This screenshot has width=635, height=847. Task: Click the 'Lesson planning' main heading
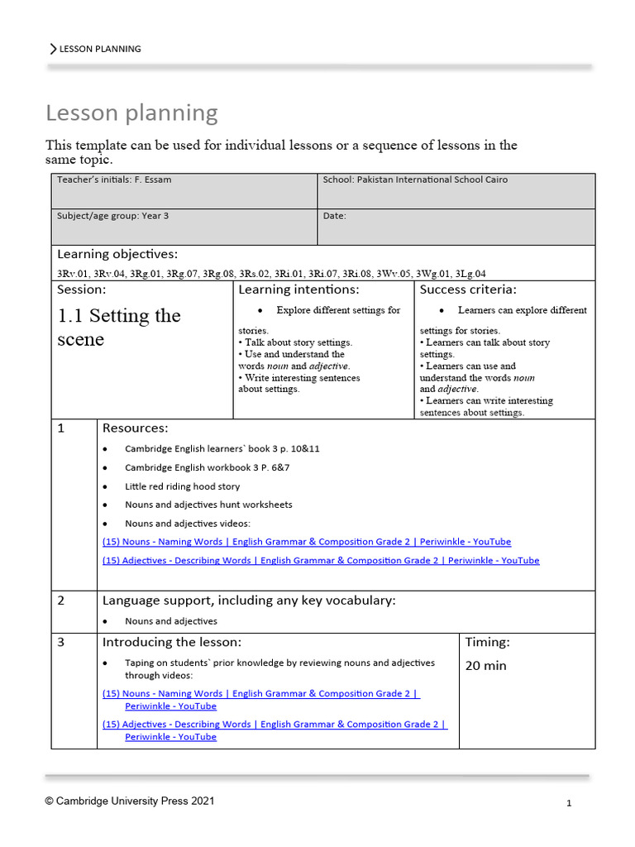coord(131,112)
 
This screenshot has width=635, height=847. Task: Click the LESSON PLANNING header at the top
coord(99,49)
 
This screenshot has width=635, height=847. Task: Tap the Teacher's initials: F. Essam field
coord(114,179)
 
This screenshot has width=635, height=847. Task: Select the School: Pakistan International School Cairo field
coord(415,179)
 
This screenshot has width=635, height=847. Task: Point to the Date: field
coord(335,216)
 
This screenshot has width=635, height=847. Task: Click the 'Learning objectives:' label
coord(117,254)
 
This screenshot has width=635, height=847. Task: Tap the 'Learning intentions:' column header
coord(298,290)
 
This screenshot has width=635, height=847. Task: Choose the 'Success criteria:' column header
coord(468,290)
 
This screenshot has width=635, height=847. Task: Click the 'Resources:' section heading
coord(135,428)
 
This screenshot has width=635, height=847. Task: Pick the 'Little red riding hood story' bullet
coord(182,486)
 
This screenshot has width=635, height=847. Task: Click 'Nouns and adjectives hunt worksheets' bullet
coord(208,505)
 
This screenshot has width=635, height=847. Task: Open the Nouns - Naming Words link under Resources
coord(306,542)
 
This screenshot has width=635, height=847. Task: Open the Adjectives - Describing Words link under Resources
coord(320,561)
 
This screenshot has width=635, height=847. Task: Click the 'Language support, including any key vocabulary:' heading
coord(248,601)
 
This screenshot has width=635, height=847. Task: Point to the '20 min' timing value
coord(486,665)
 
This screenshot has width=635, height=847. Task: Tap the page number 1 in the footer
coord(569,803)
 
